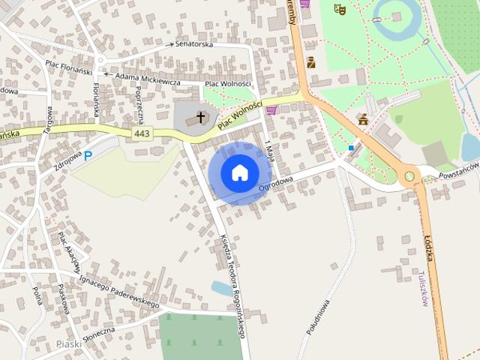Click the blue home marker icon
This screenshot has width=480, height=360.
pyautogui.click(x=239, y=173)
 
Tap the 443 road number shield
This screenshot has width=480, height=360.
pyautogui.click(x=141, y=133)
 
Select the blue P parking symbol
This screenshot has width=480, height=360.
pyautogui.click(x=88, y=156)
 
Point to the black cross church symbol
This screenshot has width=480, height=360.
pyautogui.click(x=200, y=118)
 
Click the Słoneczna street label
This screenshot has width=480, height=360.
pyautogui.click(x=94, y=331)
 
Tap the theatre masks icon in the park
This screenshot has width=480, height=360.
pyautogui.click(x=339, y=10)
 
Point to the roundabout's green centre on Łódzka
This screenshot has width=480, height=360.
pyautogui.click(x=409, y=177)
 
